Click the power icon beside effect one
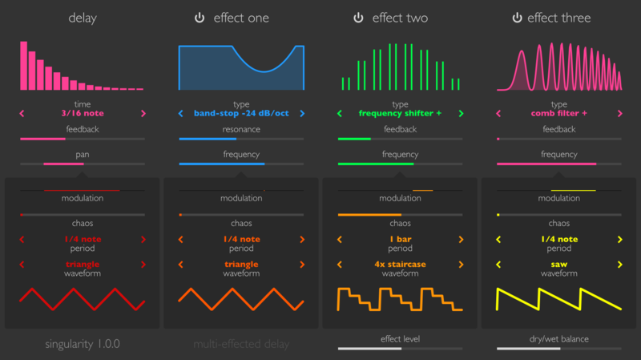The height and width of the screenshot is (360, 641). [200, 18]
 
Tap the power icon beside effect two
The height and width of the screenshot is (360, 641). [358, 18]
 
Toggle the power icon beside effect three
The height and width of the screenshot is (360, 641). [518, 18]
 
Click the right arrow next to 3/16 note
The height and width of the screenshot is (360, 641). [143, 114]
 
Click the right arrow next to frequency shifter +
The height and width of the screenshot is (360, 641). [462, 114]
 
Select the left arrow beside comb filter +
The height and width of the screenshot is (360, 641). [498, 114]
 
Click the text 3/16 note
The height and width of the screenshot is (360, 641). [82, 114]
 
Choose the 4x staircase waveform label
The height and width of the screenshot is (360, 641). [400, 263]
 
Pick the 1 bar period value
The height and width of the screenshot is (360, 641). [400, 239]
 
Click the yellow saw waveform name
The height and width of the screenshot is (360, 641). [558, 263]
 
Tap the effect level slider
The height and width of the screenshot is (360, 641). [400, 349]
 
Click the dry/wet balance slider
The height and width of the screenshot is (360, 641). [558, 349]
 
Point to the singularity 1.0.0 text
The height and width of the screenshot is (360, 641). [82, 345]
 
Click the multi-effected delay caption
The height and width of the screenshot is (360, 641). [241, 345]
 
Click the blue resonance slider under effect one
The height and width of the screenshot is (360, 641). [241, 140]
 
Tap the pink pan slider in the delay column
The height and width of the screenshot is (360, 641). [82, 164]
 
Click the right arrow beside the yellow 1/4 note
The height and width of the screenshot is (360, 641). [620, 239]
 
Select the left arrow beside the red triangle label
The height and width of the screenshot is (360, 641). [22, 263]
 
